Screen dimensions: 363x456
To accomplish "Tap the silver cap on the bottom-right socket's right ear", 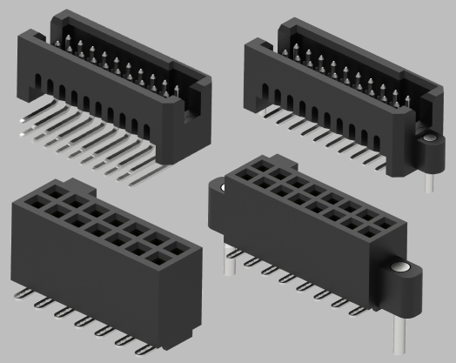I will [401, 269].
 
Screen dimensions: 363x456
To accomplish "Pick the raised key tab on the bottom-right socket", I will [262, 163].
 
